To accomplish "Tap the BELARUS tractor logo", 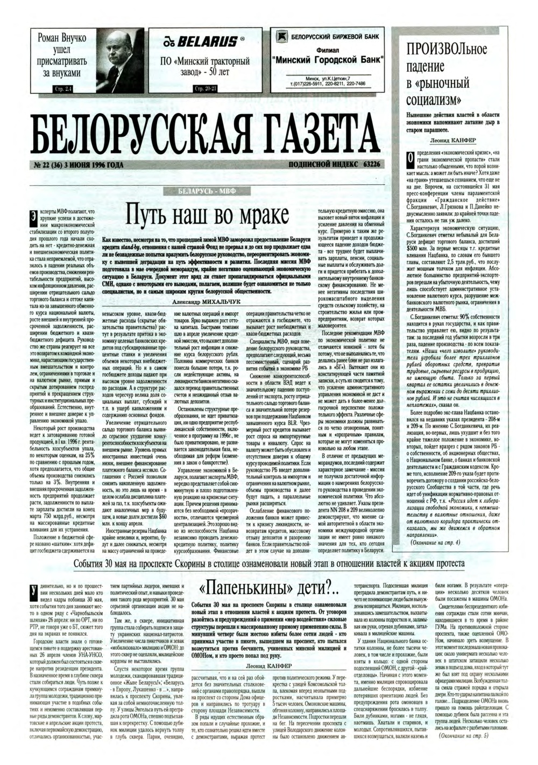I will point(206,41).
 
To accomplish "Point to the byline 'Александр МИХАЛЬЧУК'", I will point(206,302).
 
